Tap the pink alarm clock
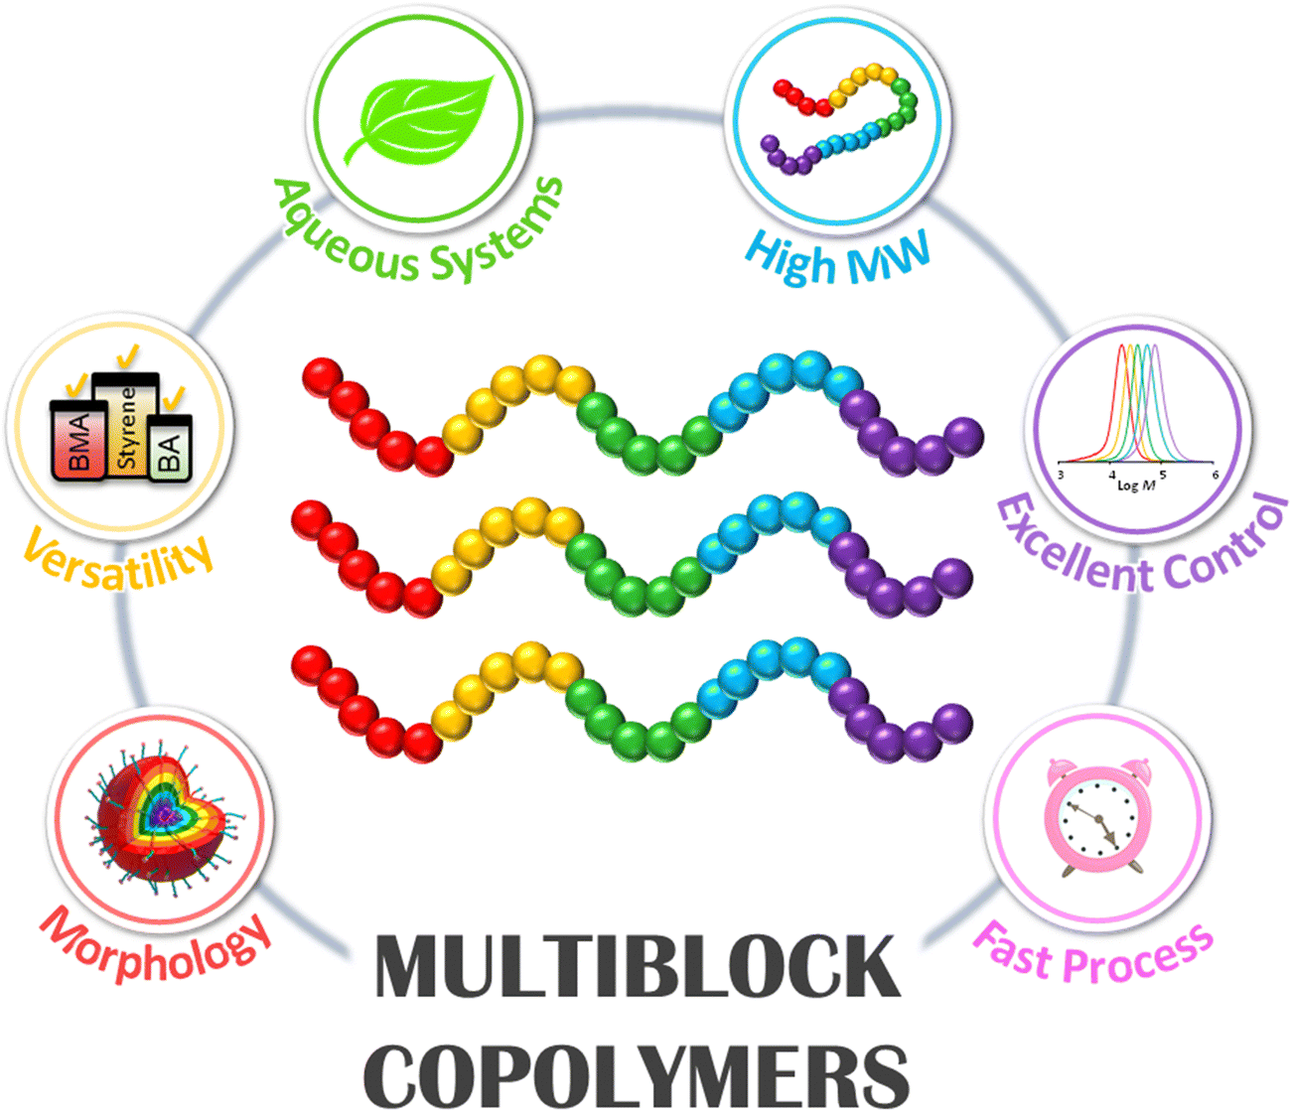coord(1098,816)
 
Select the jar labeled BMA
coord(78,440)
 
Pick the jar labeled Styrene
coord(126,425)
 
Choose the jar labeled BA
coord(170,447)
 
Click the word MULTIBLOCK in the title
coord(638,966)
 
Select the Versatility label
coord(118,560)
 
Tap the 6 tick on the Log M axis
coord(1215,475)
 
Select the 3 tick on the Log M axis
coord(1060,476)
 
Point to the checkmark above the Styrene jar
coord(128,356)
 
